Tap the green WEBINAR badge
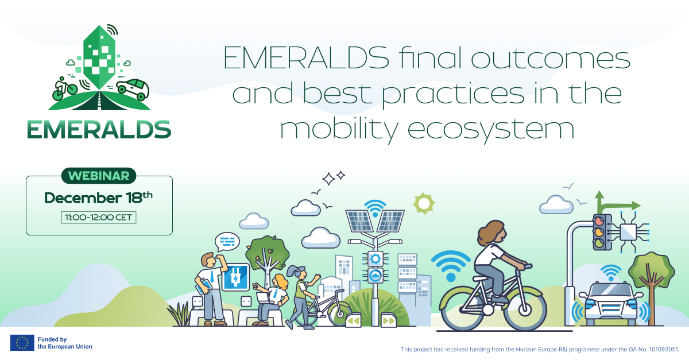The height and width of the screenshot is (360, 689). pos(99,176)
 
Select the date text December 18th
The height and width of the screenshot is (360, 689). pos(98,198)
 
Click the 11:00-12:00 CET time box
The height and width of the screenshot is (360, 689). pos(99,218)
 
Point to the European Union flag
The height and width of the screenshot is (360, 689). pos(22,343)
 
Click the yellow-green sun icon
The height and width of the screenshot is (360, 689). pos(424,203)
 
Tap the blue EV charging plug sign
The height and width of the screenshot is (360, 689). pos(235,277)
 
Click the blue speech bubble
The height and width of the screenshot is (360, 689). pos(227,242)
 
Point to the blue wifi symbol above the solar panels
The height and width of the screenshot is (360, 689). pos(376,206)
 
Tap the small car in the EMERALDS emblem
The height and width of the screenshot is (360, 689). pos(133,88)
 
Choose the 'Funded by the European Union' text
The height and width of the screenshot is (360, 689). pos(64,343)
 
